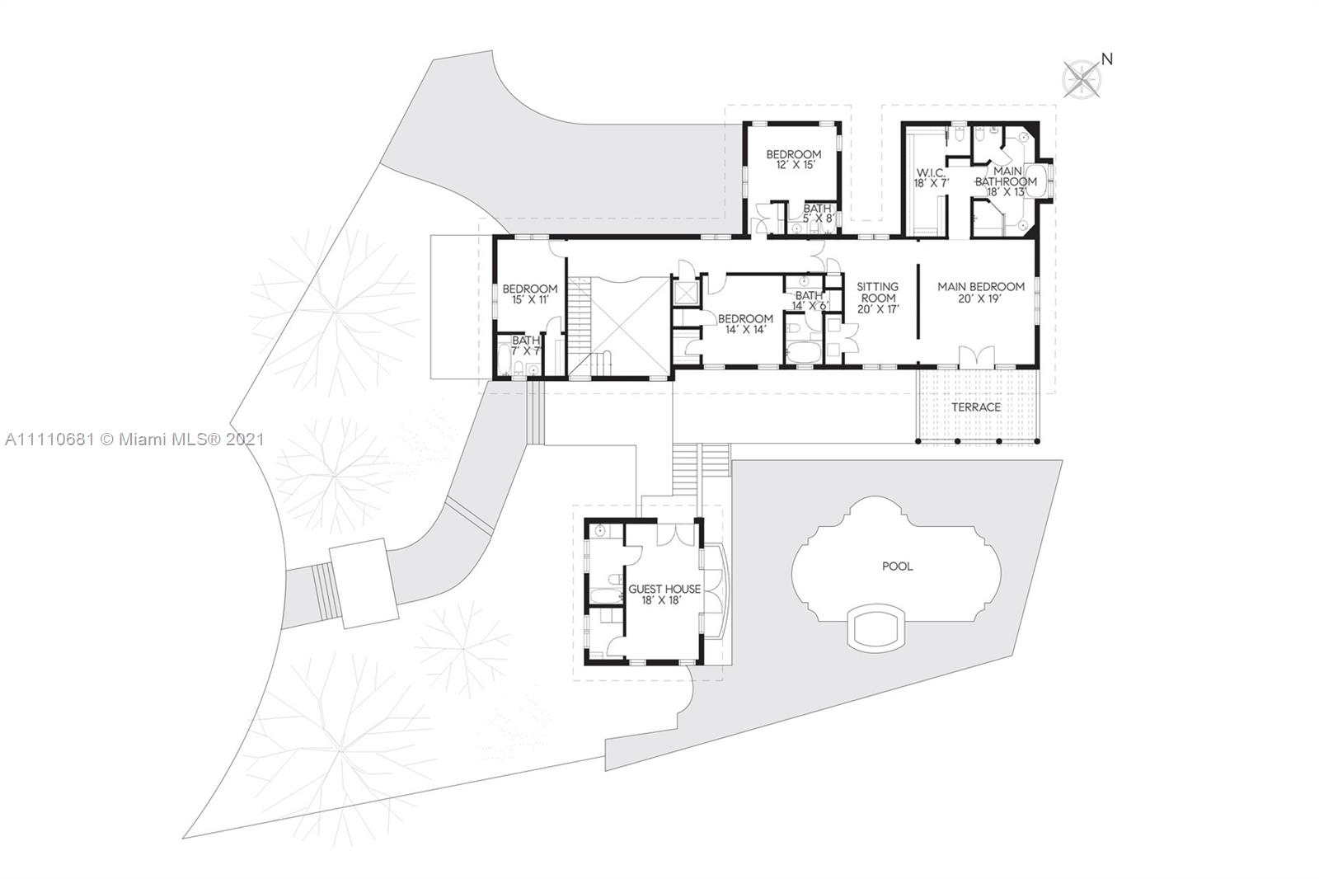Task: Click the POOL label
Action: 898,566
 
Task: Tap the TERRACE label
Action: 976,407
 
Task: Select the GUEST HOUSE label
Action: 664,589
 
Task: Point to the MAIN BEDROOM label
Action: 981,287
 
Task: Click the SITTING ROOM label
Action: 878,292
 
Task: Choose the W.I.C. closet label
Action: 931,173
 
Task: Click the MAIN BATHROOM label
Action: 1007,176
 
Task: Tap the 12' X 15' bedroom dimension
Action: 796,165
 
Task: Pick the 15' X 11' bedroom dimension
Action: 531,299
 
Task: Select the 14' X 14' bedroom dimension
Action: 745,329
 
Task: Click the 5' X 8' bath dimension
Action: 819,219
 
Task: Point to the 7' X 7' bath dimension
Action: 526,351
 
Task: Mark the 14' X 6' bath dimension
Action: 810,306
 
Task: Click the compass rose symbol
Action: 1082,79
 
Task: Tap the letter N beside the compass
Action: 1107,59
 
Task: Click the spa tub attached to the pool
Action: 875,628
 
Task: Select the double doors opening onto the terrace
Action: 976,358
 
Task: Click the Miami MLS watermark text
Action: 135,439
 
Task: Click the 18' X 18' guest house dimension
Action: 664,601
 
